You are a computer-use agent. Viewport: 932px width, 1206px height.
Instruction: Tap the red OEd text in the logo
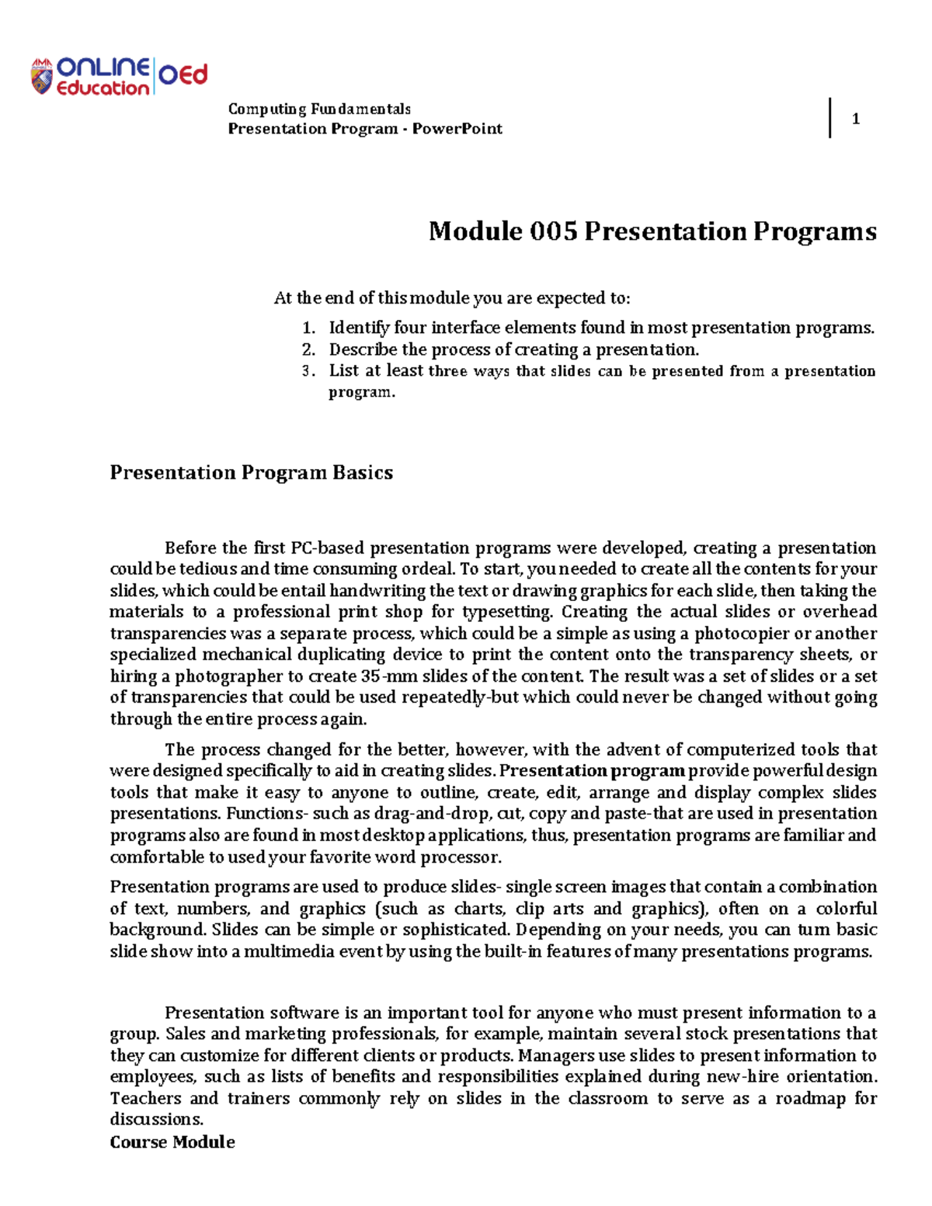(x=184, y=75)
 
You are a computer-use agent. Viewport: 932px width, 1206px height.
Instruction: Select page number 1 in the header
(x=855, y=119)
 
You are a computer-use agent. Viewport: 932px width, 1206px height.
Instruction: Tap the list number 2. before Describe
(x=308, y=349)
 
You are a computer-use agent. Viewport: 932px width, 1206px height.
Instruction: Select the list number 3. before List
(x=308, y=371)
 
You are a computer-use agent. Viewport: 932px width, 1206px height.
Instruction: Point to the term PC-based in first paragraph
(x=327, y=548)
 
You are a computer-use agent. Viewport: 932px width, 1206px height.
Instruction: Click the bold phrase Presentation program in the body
(x=593, y=771)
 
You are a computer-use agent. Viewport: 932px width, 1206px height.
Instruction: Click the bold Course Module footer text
(x=172, y=1142)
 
